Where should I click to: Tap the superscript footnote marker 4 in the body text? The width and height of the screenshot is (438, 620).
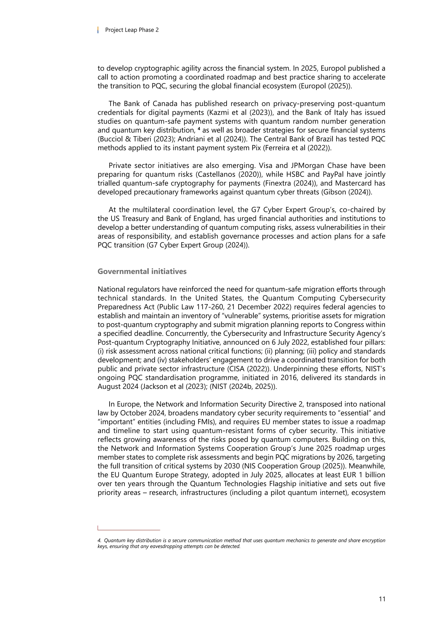[199, 129]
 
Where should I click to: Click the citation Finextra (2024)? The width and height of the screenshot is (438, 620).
[289, 183]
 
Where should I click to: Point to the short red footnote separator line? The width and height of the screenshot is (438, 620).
[129, 530]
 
